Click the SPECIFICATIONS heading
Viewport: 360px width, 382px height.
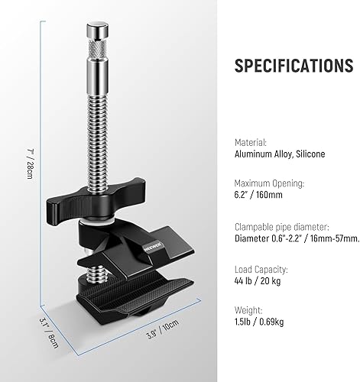pyautogui.click(x=294, y=66)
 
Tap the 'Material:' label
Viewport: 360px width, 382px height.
pyautogui.click(x=251, y=143)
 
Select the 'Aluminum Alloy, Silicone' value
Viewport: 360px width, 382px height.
pyautogui.click(x=280, y=154)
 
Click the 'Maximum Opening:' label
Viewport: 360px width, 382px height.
pyautogui.click(x=269, y=183)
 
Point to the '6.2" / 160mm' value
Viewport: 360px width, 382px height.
pyautogui.click(x=258, y=195)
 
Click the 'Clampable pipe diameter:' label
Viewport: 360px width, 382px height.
pyautogui.click(x=282, y=227)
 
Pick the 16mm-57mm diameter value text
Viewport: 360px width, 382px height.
pyautogui.click(x=297, y=238)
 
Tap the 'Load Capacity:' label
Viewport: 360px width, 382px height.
pyautogui.click(x=261, y=270)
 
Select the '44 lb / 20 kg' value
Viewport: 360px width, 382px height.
pyautogui.click(x=258, y=281)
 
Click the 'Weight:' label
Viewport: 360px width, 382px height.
pyautogui.click(x=248, y=310)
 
